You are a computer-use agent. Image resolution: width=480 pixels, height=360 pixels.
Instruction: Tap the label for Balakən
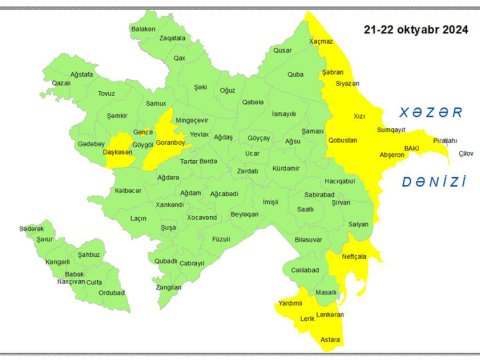point(144,29)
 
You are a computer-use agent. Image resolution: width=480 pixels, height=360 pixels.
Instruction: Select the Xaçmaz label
point(320,41)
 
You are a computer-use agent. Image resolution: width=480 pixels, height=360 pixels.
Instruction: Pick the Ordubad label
point(112,292)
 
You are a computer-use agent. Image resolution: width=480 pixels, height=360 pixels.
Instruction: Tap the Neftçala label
point(354,257)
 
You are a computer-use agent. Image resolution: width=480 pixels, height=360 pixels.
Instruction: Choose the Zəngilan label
point(169,287)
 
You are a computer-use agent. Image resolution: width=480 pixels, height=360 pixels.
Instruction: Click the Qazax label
point(61,83)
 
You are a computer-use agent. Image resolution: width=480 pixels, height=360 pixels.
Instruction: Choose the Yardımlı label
point(291,302)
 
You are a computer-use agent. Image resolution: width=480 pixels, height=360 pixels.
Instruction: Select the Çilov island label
point(465,152)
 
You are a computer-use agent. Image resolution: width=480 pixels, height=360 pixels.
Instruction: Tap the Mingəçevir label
point(194,118)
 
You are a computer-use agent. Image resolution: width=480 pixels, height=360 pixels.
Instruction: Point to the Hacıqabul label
point(339,180)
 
